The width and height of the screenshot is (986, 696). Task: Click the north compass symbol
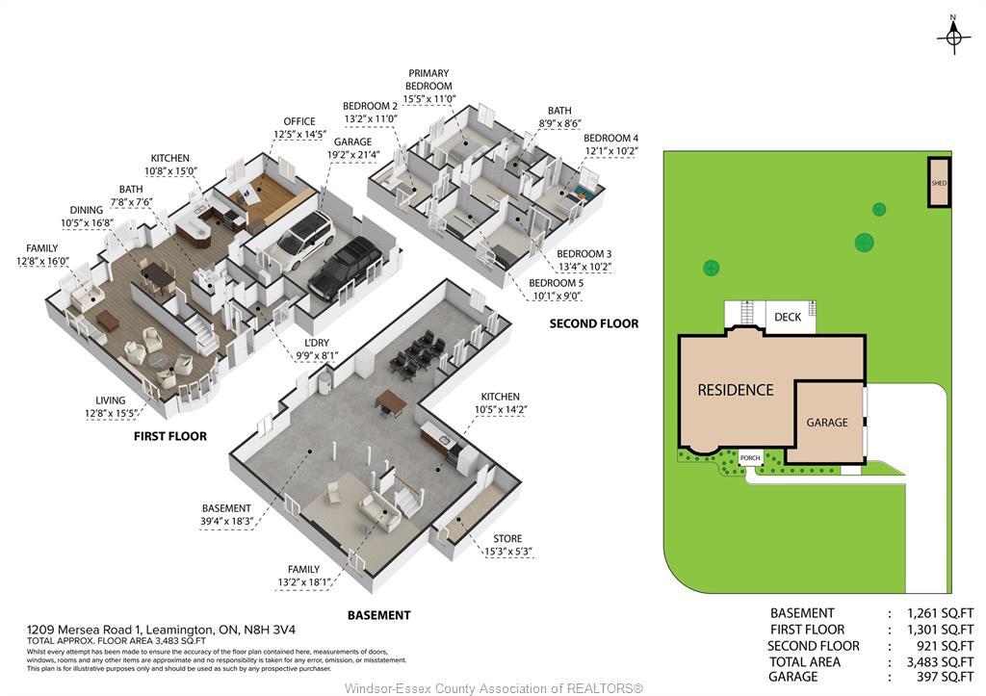(954, 36)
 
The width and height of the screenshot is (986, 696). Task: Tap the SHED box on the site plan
(939, 183)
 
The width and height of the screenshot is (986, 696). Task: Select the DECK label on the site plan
(788, 317)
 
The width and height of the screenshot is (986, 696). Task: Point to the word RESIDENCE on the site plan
(736, 390)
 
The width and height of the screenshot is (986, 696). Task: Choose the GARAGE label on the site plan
(827, 423)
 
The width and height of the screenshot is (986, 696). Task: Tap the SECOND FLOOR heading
(593, 323)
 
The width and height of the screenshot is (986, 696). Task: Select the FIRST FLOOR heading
(169, 436)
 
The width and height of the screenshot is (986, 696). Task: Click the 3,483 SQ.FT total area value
(940, 662)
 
